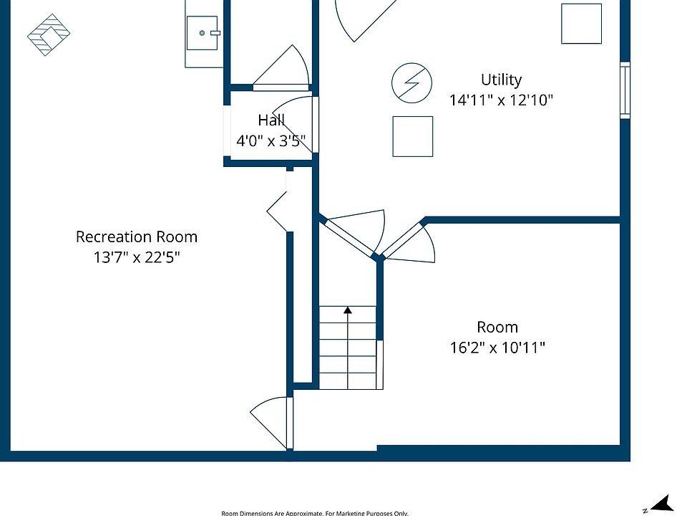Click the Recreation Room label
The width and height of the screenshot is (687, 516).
point(137,236)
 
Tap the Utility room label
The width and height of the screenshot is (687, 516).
point(501,80)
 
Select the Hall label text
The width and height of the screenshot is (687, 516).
point(271,120)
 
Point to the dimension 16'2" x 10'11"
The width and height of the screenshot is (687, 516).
point(497,348)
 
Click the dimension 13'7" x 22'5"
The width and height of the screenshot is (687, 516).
point(137,257)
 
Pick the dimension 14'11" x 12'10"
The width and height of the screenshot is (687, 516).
point(501,100)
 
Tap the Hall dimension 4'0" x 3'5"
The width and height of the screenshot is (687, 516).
point(271,141)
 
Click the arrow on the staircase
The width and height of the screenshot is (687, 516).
point(348,311)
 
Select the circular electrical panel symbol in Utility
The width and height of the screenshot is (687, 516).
point(411,83)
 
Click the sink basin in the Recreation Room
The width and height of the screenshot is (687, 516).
point(203,33)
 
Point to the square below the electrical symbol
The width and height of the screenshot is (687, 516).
point(412,136)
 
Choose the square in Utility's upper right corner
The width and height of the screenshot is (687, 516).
point(581,24)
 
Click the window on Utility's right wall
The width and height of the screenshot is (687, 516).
point(625,90)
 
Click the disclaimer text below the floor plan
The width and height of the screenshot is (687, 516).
point(315,512)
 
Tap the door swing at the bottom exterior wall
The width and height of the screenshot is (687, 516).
point(272,423)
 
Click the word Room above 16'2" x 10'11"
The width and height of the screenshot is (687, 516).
point(497,328)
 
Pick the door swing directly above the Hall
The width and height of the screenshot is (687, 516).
point(283,68)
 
